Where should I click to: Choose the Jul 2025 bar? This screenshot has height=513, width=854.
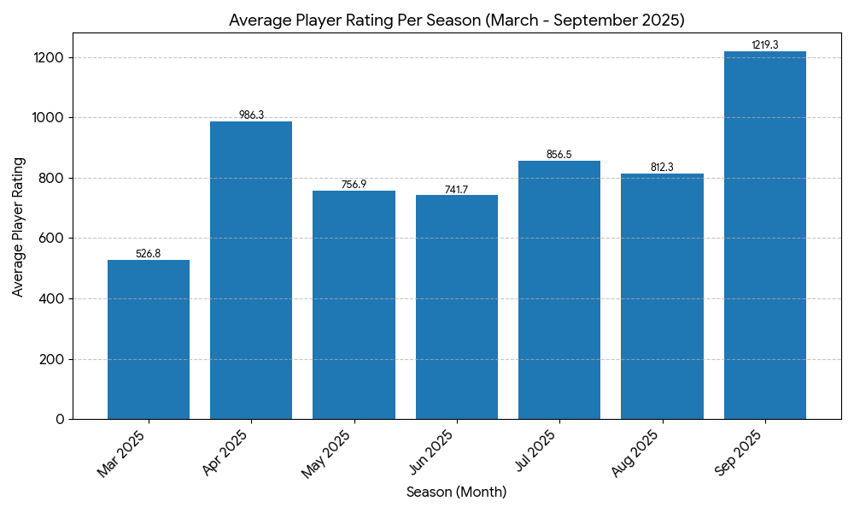(x=559, y=290)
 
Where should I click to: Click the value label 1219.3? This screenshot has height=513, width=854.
(x=764, y=45)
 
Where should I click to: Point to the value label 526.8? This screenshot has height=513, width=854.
(x=149, y=254)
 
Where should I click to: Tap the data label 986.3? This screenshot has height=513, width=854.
(x=251, y=115)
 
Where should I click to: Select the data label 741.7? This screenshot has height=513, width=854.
(x=457, y=190)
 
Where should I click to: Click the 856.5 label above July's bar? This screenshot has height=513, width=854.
(x=559, y=155)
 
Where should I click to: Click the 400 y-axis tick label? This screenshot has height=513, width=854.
(x=52, y=299)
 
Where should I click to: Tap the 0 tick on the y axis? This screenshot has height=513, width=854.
(x=60, y=419)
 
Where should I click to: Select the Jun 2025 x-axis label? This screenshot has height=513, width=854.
(x=432, y=453)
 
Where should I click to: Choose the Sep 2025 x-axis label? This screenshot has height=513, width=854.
(x=740, y=453)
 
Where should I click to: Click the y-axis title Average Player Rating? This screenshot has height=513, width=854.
(x=18, y=227)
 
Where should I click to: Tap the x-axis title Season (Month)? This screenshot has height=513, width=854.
(x=456, y=492)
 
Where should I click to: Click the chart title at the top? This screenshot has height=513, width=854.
(x=456, y=20)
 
